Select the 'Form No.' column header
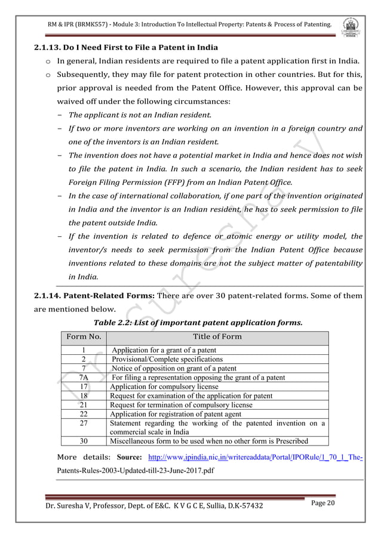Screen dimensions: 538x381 coord(84,336)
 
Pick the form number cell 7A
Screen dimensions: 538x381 coord(84,378)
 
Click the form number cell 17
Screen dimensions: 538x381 coord(84,387)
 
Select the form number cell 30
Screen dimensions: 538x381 coord(84,441)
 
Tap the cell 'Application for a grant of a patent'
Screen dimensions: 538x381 coord(164,350)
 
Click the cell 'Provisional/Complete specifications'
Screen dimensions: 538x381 coord(167,359)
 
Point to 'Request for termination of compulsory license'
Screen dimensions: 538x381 coord(181,405)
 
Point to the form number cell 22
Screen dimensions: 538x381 coord(84,414)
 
